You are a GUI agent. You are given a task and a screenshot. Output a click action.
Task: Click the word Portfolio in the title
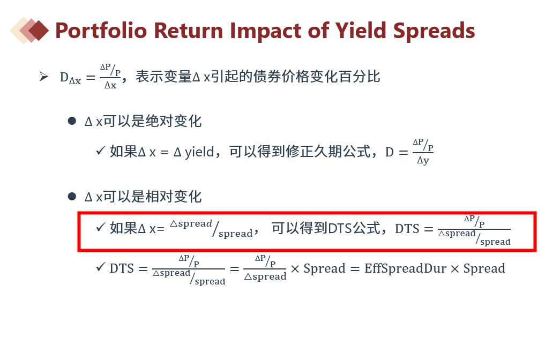pyautogui.click(x=101, y=31)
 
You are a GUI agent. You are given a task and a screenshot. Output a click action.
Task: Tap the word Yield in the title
pyautogui.click(x=361, y=31)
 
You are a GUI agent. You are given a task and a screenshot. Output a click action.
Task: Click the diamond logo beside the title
pyautogui.click(x=29, y=31)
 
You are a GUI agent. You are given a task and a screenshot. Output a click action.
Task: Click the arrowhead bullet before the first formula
pyautogui.click(x=43, y=77)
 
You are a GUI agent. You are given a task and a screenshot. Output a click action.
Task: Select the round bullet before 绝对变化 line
pyautogui.click(x=72, y=121)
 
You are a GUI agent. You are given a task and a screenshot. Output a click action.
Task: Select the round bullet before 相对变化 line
pyautogui.click(x=72, y=197)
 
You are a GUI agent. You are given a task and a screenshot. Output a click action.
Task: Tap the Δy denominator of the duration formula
pyautogui.click(x=423, y=161)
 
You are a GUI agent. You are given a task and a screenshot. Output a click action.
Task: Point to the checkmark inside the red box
pyautogui.click(x=100, y=227)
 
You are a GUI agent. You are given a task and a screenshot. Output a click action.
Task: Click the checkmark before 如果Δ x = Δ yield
pyautogui.click(x=100, y=151)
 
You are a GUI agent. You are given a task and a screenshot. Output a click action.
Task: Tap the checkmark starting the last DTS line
pyautogui.click(x=100, y=267)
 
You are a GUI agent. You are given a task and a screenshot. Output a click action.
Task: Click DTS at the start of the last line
pyautogui.click(x=122, y=268)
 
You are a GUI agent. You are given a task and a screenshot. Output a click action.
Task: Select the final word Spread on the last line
pyautogui.click(x=484, y=268)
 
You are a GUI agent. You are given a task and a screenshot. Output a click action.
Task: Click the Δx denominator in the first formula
pyautogui.click(x=110, y=85)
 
